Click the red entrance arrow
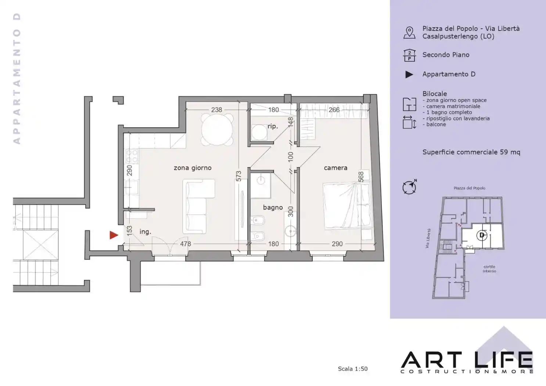[x=114, y=235]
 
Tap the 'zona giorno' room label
[x=193, y=168]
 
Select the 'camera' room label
[x=335, y=168]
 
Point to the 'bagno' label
[x=273, y=207]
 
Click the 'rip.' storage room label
[x=273, y=126]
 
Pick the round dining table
[x=217, y=129]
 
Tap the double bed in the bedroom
[x=348, y=206]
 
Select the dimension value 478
[x=186, y=244]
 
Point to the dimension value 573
[x=238, y=176]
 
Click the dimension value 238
[x=216, y=110]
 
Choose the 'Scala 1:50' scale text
[x=352, y=369]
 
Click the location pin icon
[x=409, y=33]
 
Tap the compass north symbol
[x=410, y=187]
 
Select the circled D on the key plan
[x=482, y=235]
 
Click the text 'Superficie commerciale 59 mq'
[x=471, y=152]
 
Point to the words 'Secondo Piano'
[x=446, y=55]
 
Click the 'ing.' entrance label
[x=145, y=232]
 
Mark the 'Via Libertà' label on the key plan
[x=428, y=239]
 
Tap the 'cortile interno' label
[x=489, y=269]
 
